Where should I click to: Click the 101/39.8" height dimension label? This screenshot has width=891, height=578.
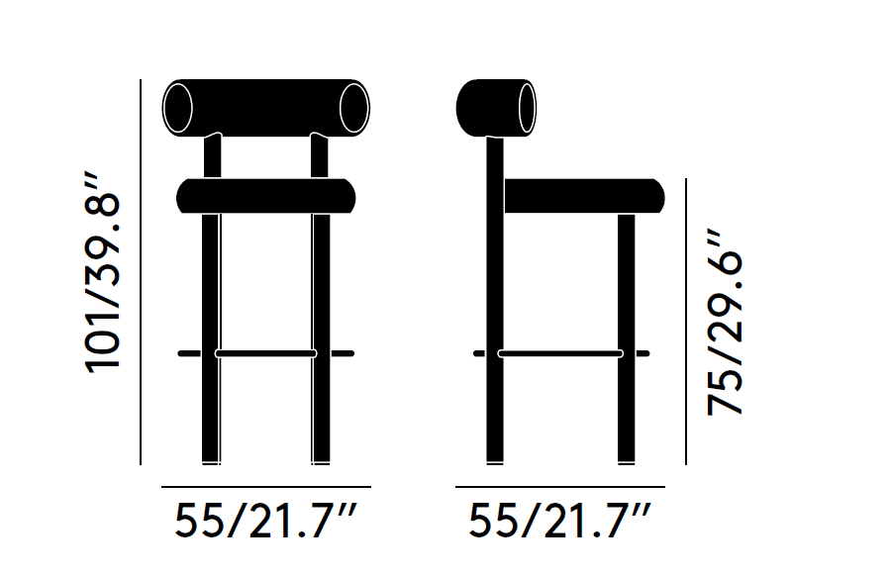[104, 272]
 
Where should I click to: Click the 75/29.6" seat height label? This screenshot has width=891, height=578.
[725, 324]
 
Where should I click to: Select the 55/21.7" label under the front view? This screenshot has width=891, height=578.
[265, 521]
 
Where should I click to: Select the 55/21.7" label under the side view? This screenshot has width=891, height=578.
[560, 521]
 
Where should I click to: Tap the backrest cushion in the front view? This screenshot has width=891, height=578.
[265, 106]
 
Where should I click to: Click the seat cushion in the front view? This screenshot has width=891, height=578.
[265, 195]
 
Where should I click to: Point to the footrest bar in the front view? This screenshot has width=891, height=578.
[265, 353]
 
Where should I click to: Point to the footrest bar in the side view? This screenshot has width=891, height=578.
[560, 353]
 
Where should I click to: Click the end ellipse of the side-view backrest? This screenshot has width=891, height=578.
[527, 106]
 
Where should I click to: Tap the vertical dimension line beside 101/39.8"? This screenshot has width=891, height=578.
[142, 272]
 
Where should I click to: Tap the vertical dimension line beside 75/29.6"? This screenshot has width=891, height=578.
[686, 322]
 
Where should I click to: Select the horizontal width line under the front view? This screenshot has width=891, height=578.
[265, 487]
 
